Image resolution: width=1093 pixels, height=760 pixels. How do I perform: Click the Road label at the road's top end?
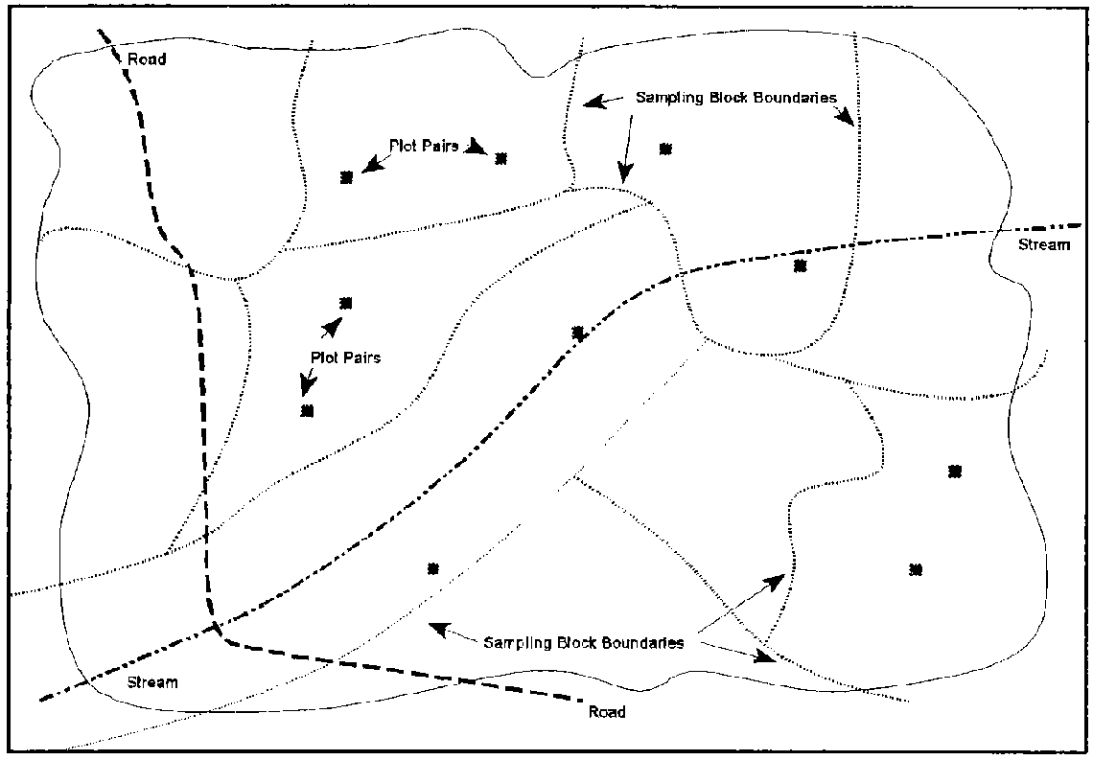tap(148, 59)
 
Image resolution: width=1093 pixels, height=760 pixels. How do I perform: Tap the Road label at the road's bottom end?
tap(605, 712)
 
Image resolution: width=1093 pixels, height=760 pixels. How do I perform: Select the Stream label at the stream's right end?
tap(1043, 245)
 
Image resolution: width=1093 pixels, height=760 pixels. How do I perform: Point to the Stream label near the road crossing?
tap(152, 682)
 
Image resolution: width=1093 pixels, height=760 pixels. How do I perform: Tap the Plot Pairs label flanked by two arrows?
tap(424, 146)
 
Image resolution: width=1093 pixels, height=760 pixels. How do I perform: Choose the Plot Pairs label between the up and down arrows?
tap(345, 357)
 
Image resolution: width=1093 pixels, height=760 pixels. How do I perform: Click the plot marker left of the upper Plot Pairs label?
tap(346, 177)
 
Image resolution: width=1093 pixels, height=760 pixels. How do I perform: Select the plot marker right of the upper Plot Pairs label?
tap(500, 158)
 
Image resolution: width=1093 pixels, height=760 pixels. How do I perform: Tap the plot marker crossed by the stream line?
tap(578, 333)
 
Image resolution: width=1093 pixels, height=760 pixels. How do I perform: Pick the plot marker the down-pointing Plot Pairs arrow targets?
tap(307, 411)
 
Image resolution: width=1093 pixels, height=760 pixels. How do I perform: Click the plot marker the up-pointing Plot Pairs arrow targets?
tap(346, 303)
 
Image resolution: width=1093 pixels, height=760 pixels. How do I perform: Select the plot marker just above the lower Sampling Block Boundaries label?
tap(432, 568)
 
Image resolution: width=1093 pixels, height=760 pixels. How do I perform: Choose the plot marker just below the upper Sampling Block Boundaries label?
tap(665, 149)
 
